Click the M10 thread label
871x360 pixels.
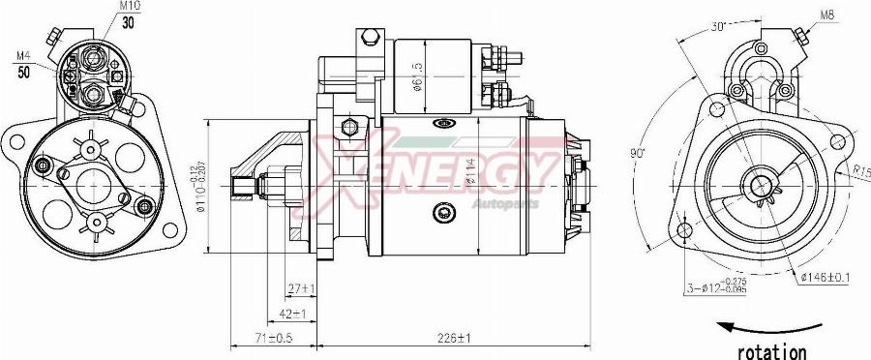(x=129, y=6)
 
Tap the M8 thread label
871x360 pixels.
(x=828, y=15)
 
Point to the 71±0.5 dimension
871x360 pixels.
(x=275, y=338)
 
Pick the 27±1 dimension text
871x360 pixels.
(x=302, y=288)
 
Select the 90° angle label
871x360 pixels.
(x=636, y=152)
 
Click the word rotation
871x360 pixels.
(x=771, y=351)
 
